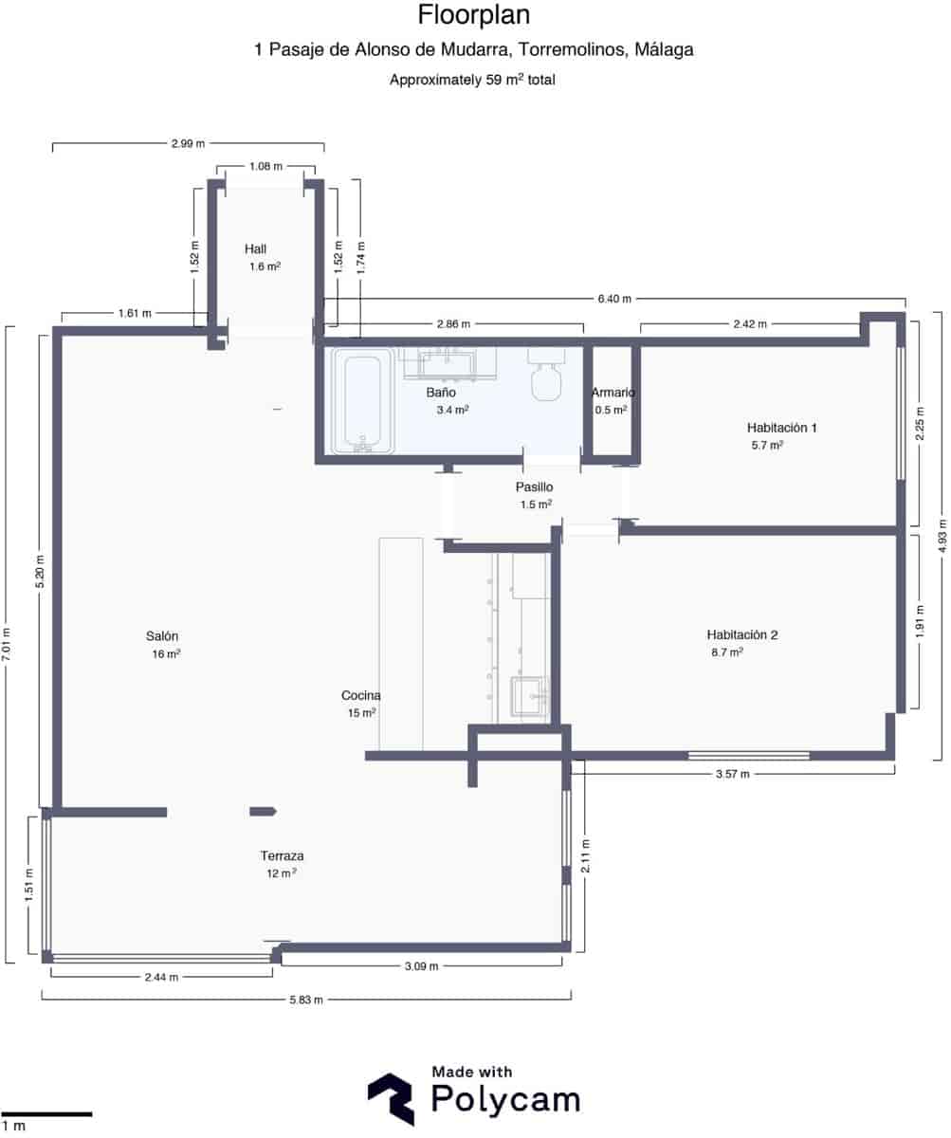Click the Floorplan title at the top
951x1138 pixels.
473,15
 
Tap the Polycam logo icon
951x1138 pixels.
391,1098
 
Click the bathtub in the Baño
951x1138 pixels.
362,401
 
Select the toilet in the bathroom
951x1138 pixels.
546,381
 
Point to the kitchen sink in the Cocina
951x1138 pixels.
528,695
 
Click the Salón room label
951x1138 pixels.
162,635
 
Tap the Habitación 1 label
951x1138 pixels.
781,428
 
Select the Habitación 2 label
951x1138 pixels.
741,634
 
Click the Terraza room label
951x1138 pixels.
282,855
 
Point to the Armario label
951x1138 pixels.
613,393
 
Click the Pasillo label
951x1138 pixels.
534,486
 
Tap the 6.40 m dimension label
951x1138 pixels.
613,299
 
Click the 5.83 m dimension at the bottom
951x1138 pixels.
305,1000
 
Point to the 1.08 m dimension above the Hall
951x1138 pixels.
265,166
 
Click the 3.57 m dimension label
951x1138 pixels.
731,774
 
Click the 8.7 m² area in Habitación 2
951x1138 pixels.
726,652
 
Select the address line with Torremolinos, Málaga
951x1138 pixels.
473,50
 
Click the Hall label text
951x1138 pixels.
255,248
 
